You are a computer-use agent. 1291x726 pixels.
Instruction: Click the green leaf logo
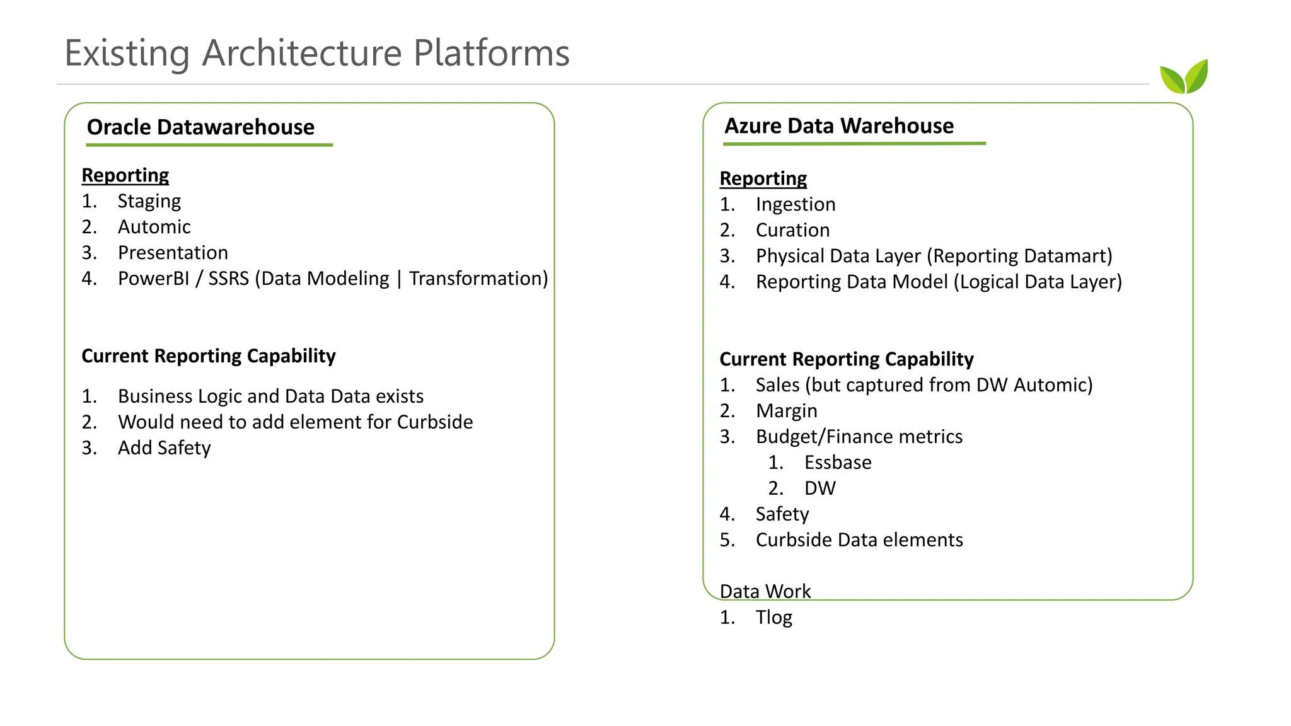(1184, 78)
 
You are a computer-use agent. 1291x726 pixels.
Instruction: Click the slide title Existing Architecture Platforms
(317, 53)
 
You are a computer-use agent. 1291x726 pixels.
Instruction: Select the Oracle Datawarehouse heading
(200, 127)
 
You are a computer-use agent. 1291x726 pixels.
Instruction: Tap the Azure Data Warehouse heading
(838, 126)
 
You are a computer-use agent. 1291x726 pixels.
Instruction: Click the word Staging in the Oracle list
(149, 201)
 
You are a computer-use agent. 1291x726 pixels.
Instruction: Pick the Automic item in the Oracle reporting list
(154, 227)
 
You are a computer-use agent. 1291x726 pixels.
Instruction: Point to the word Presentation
(173, 253)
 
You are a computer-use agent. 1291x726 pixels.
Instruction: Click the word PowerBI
(153, 279)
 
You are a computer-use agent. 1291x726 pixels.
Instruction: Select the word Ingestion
(795, 205)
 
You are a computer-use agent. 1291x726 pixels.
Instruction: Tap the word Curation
(792, 231)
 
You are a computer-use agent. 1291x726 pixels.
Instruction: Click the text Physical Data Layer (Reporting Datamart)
(934, 256)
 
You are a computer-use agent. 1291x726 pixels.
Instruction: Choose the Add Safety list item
(164, 448)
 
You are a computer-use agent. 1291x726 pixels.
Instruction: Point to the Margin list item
(786, 412)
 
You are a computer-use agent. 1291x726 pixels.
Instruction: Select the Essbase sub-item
(837, 463)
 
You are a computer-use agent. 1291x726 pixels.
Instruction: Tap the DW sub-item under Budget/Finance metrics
(819, 488)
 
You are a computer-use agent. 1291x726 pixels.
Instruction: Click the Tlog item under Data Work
(773, 618)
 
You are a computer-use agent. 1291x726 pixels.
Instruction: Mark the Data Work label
(765, 592)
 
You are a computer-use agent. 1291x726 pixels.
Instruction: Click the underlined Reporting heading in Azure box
(763, 179)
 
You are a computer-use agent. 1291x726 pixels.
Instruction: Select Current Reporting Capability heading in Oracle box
(208, 356)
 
